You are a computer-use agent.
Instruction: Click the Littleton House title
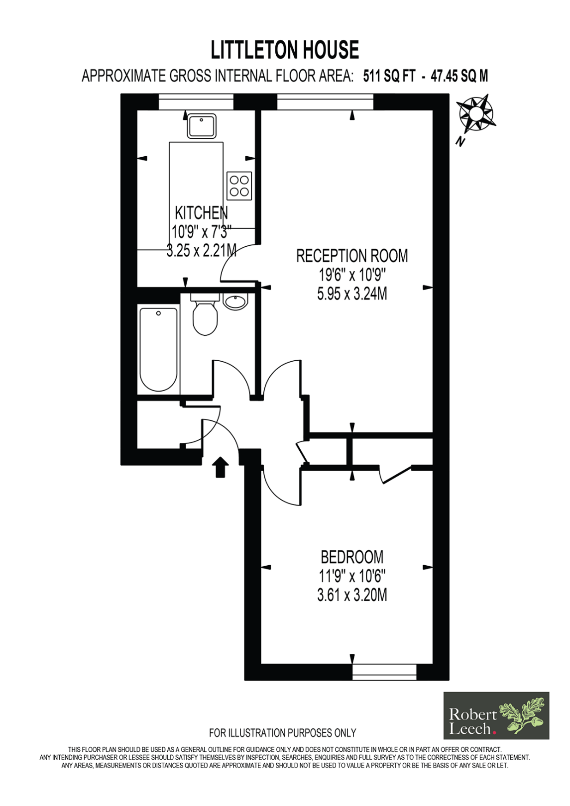(285, 50)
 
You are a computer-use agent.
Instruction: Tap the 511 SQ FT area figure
(389, 76)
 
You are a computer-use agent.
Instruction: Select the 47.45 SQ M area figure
(459, 76)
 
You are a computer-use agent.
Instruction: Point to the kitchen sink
(202, 125)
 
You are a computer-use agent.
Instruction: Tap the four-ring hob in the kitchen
(239, 186)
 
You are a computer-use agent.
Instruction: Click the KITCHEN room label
(201, 212)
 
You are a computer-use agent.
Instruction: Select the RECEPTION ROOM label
(352, 256)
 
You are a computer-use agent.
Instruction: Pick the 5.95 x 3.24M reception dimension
(352, 294)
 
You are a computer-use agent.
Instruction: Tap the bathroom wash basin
(235, 301)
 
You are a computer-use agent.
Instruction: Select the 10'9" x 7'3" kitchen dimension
(201, 231)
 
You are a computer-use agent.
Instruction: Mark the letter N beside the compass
(459, 142)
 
